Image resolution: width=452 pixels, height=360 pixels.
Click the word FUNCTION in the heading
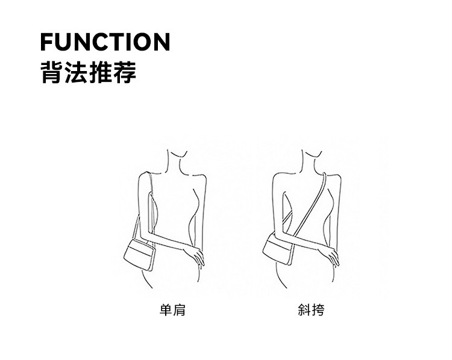pyautogui.click(x=105, y=43)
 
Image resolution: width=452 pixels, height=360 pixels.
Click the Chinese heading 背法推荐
pyautogui.click(x=88, y=72)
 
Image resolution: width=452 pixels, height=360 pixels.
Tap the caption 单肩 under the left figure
pyautogui.click(x=172, y=311)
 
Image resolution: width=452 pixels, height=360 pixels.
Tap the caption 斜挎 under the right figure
pyautogui.click(x=310, y=311)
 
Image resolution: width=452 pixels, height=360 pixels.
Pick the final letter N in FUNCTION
pyautogui.click(x=160, y=43)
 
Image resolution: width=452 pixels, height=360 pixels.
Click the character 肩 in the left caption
pyautogui.click(x=178, y=311)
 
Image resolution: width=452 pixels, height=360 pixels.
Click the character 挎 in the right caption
pyautogui.click(x=317, y=311)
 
